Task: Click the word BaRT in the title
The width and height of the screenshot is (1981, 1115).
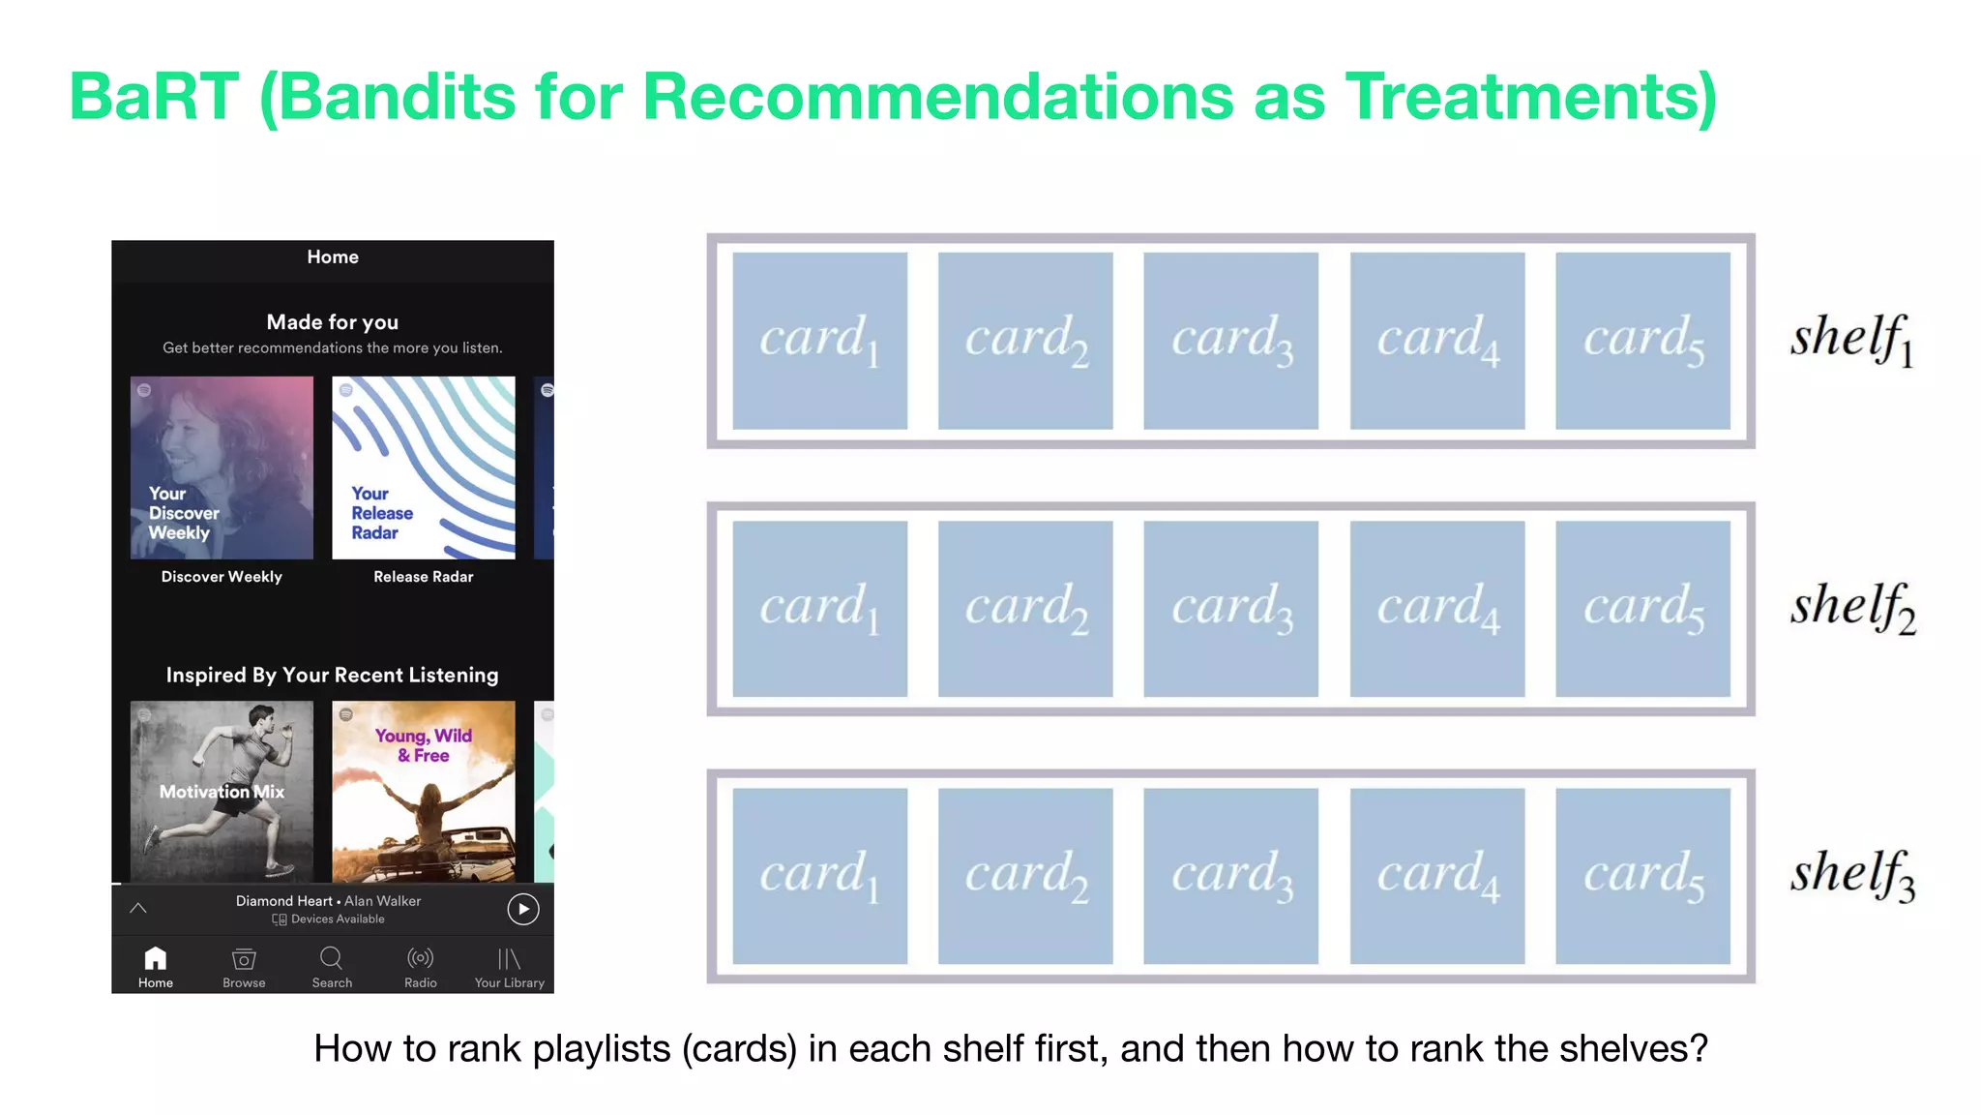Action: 154,97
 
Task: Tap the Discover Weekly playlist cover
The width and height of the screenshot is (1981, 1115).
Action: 222,467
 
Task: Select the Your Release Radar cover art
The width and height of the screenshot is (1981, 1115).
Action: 423,467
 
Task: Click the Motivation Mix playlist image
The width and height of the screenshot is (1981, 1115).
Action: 222,791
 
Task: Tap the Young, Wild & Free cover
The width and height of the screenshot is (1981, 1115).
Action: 423,791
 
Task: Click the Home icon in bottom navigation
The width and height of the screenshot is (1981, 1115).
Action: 156,958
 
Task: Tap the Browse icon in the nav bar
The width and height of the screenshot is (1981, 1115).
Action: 244,958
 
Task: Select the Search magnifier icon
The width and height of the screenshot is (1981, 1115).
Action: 331,957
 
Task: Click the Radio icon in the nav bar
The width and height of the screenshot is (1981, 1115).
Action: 420,958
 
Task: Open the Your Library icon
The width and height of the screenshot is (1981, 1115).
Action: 509,958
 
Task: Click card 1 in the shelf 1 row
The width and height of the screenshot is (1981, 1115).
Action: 819,341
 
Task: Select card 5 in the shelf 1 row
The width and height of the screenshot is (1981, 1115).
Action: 1642,341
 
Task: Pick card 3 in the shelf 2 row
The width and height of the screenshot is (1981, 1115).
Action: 1230,609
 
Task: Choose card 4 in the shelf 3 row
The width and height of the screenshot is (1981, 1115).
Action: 1436,876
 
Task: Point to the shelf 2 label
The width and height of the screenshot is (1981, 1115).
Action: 1851,608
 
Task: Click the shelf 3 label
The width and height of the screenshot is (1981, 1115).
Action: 1851,875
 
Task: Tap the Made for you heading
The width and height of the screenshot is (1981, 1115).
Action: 332,322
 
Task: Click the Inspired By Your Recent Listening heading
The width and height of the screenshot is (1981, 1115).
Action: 332,675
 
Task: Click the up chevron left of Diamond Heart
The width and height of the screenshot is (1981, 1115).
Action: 138,908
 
